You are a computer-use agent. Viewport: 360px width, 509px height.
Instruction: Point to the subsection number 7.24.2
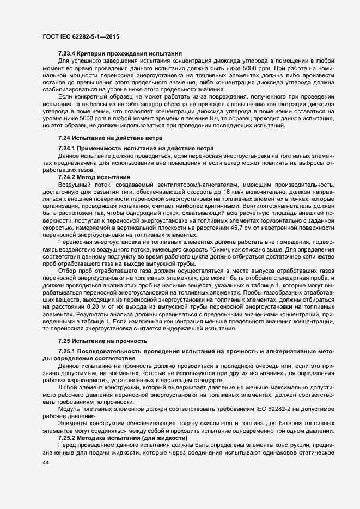(68, 177)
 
